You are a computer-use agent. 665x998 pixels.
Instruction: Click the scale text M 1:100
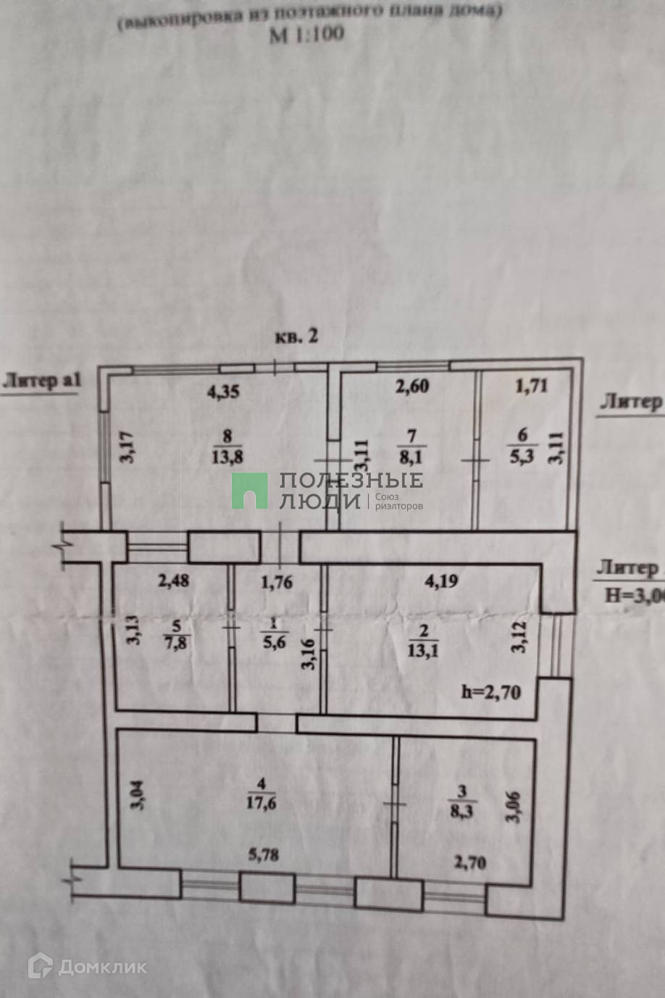pyautogui.click(x=306, y=34)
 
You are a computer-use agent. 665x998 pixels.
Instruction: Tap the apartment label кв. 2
pyautogui.click(x=297, y=336)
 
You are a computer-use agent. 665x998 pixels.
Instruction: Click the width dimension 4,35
pyautogui.click(x=223, y=392)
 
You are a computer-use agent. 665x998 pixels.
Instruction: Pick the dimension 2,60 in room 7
pyautogui.click(x=412, y=386)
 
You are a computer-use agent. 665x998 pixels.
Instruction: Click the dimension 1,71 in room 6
pyautogui.click(x=531, y=386)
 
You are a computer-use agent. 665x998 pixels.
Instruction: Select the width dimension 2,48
pyautogui.click(x=175, y=581)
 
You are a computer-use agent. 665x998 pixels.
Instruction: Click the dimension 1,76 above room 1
pyautogui.click(x=277, y=581)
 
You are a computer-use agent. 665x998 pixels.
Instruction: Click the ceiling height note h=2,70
pyautogui.click(x=491, y=692)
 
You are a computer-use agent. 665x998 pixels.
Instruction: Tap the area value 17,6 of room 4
pyautogui.click(x=262, y=802)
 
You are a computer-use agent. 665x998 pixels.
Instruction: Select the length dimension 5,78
pyautogui.click(x=264, y=854)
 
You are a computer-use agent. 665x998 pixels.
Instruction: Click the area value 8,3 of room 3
pyautogui.click(x=461, y=811)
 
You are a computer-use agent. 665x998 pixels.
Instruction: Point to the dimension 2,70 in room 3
pyautogui.click(x=469, y=862)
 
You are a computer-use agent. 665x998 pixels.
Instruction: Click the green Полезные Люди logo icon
pyautogui.click(x=250, y=491)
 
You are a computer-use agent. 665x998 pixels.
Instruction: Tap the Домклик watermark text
pyautogui.click(x=102, y=966)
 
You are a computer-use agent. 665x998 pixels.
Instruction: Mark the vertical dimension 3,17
pyautogui.click(x=127, y=446)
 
